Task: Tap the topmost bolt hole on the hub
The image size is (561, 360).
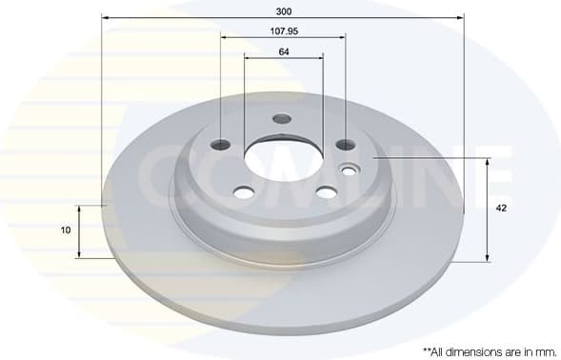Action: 281,119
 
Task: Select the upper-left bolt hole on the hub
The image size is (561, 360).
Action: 221,145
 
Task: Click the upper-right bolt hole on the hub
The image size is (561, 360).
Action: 346,146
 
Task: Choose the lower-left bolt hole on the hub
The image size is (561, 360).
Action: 243,192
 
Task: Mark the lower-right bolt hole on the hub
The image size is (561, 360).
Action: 327,192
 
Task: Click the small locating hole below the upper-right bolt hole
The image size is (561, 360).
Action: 349,170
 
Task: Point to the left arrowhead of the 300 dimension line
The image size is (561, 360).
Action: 104,17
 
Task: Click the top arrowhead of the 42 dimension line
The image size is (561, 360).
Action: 489,162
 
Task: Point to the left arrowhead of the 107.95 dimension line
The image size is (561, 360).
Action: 224,38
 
